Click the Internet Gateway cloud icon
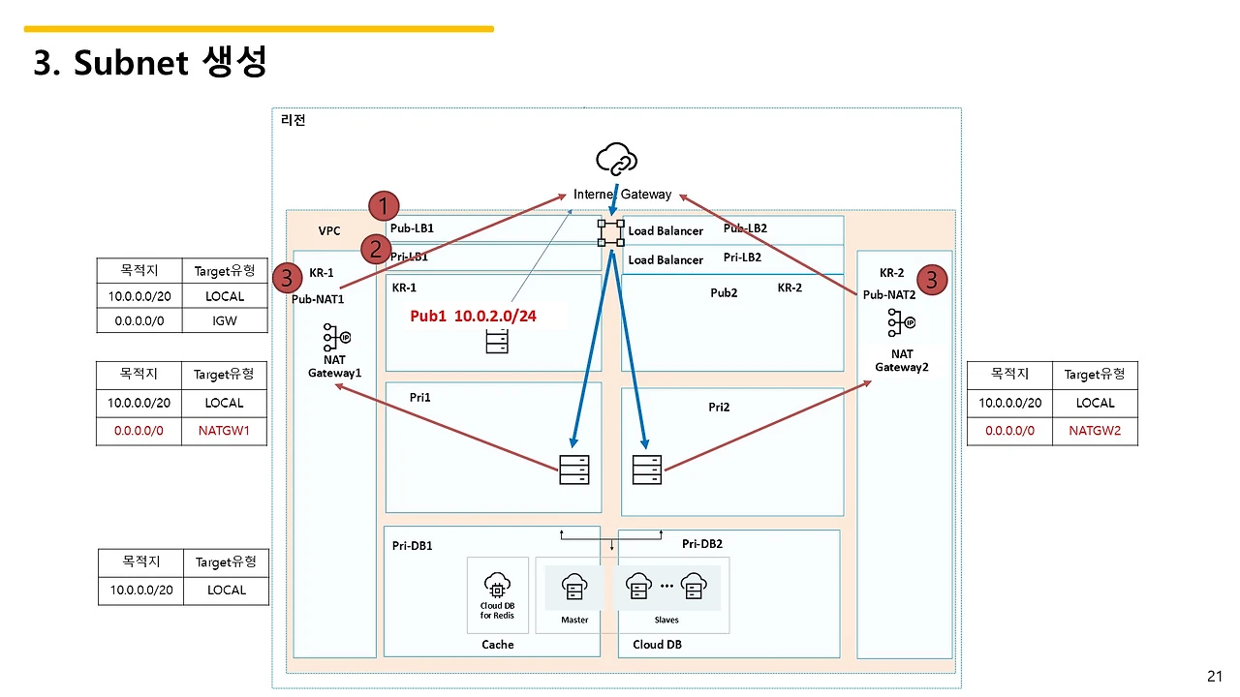(617, 159)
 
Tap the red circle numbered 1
(385, 205)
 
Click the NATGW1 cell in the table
(223, 431)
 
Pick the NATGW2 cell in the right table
(1095, 431)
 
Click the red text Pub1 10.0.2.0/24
(473, 316)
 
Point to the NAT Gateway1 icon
(336, 336)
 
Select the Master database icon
(574, 587)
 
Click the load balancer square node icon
(611, 231)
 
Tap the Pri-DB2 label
(702, 544)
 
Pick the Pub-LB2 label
(745, 228)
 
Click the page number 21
(1215, 676)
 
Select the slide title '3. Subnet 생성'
(150, 63)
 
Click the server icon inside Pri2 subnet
(647, 470)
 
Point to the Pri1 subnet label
(419, 397)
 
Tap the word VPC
(329, 231)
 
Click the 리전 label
(293, 120)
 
